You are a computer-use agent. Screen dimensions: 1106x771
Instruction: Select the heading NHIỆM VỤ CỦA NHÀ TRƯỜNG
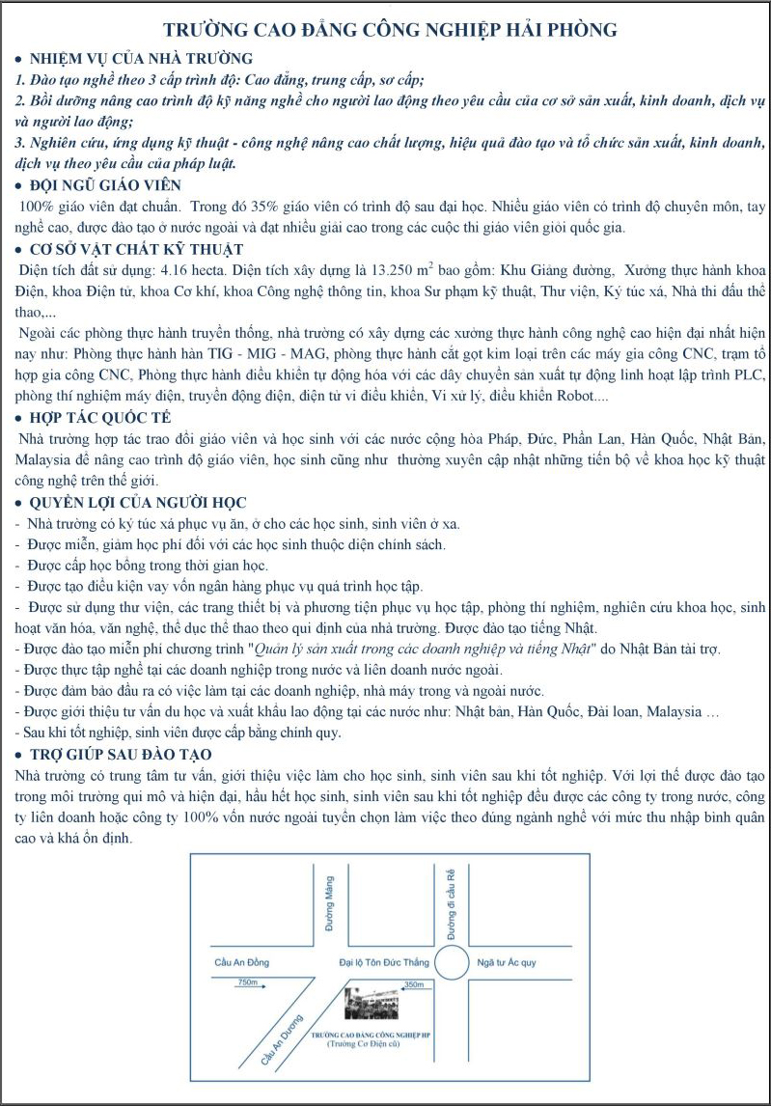coord(143,59)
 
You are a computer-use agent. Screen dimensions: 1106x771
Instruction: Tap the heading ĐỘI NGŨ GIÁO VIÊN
coord(106,184)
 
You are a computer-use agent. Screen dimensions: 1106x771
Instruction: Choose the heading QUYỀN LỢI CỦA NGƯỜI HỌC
coord(139,503)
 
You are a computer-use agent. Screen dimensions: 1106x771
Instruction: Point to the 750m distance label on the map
coord(249,982)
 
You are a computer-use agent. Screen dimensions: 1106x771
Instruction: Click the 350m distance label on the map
coord(413,984)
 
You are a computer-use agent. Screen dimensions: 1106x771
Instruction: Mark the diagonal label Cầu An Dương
coord(282,1039)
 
